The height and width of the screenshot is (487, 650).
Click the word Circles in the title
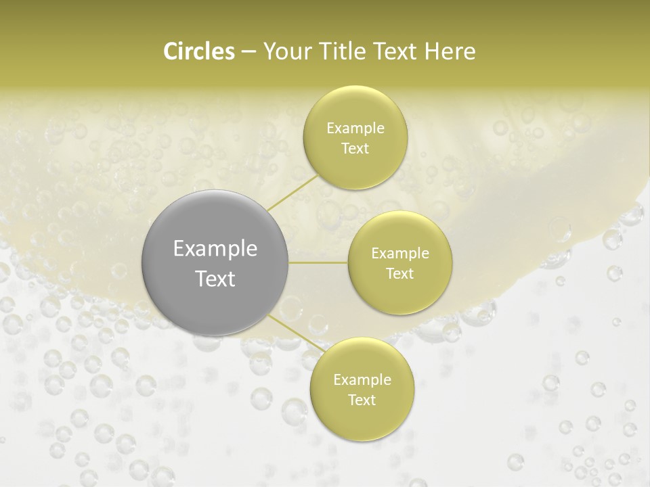coord(199,51)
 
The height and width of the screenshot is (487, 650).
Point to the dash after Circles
coord(248,53)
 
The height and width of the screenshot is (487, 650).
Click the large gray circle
coord(215,263)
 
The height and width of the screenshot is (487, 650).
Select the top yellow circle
coord(355,137)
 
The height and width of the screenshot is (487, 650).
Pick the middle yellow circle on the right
coord(399,262)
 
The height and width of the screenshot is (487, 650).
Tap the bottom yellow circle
coord(362,389)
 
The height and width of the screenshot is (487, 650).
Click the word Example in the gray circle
coord(215,249)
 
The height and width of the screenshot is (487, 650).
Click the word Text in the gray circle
coord(215,279)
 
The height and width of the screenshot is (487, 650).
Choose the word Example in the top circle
coord(355,129)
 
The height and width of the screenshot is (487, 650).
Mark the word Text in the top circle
coord(355,148)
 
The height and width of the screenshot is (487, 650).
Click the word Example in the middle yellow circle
coord(399,254)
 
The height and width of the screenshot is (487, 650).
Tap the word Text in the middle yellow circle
coord(399,273)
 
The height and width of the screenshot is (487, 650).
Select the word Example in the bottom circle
coord(362,380)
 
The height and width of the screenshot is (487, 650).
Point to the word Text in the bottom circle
coord(362,400)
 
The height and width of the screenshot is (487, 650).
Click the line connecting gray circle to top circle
coord(292,191)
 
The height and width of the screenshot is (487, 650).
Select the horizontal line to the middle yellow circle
coord(318,262)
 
